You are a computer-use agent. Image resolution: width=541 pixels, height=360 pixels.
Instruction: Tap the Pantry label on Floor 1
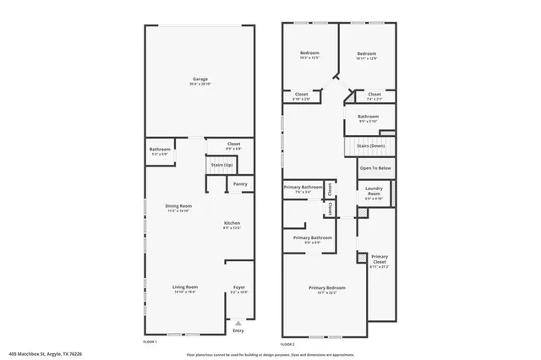click(x=240, y=183)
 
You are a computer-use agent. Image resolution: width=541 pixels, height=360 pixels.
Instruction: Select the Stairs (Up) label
click(x=222, y=164)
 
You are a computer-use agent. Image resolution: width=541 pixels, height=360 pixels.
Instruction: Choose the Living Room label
click(x=184, y=289)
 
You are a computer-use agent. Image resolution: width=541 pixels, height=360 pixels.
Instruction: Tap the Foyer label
click(x=239, y=289)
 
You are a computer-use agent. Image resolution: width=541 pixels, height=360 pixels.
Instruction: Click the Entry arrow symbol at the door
click(x=238, y=321)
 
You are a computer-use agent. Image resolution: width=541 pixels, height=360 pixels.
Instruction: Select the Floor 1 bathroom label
click(x=160, y=151)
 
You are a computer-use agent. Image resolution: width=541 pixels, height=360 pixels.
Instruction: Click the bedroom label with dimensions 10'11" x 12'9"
click(x=366, y=56)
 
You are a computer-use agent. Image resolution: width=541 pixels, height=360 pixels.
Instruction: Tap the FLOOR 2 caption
click(x=287, y=344)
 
